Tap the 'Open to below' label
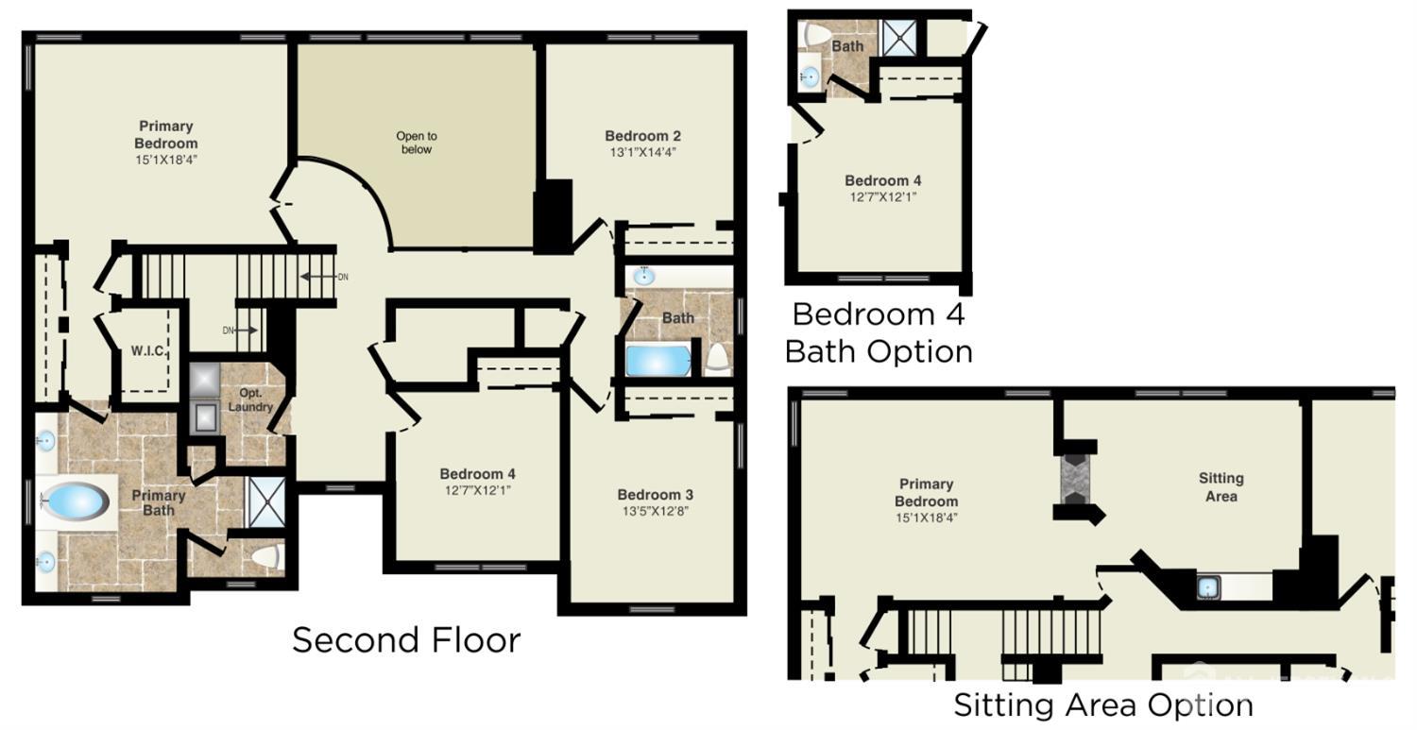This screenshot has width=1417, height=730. pos(417,143)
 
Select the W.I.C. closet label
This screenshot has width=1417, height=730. pos(147,350)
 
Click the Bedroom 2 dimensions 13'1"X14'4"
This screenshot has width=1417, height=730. pos(642,152)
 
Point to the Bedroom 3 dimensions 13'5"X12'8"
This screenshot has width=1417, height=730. pos(656,511)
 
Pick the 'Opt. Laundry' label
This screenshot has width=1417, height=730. pos(250,399)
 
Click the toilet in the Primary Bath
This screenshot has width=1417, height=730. pos(266,557)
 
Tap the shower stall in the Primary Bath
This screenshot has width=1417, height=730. pos(265,502)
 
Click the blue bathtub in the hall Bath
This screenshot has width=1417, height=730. pos(658,361)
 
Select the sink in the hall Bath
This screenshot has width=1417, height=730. pos(644,277)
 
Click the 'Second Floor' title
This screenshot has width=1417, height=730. pos(406,639)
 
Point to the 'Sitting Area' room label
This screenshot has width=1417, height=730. pos(1221,487)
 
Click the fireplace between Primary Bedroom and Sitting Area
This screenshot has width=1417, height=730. pos(1076,479)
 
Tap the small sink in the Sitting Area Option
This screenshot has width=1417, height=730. pos(1207,587)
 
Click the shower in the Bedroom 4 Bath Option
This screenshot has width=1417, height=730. pos(899,38)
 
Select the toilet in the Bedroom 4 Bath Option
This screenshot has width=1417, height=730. pos(812,35)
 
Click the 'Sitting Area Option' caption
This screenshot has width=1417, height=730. pos(1103,705)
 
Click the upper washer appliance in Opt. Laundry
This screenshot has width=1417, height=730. pos(204,381)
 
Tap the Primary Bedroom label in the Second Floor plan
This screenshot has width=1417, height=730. pos(165,134)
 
